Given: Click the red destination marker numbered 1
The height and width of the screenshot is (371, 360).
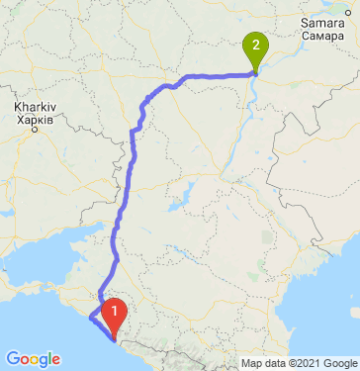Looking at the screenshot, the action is tap(116, 316).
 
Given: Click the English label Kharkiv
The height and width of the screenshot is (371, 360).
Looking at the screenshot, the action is tap(34, 105).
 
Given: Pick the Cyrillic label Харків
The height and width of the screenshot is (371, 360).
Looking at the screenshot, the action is tap(34, 117).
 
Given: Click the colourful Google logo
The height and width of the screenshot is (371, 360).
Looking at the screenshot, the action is tap(32, 358).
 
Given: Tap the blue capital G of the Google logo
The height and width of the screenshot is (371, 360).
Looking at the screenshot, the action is tap(12, 358).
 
